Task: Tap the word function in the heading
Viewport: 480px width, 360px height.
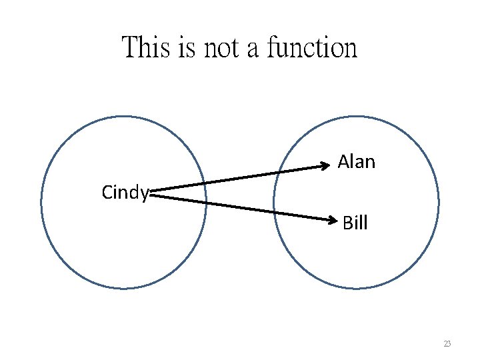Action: point(312,48)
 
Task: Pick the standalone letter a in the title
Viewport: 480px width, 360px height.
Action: point(256,50)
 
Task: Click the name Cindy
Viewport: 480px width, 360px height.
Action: point(125,193)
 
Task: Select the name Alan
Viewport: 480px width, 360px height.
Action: point(357,162)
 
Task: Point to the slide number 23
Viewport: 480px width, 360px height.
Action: point(447,344)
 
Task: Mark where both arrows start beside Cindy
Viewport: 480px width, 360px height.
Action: point(153,194)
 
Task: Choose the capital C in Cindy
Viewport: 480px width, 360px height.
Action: point(107,193)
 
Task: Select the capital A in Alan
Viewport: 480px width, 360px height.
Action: point(344,162)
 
